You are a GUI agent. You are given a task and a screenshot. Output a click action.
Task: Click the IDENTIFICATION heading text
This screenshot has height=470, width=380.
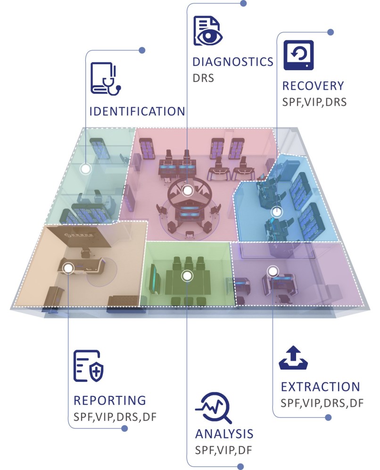pos(137,112)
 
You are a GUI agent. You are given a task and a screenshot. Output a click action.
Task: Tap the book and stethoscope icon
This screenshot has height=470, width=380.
pos(106,78)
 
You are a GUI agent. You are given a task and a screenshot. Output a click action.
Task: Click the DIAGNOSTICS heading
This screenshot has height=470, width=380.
pos(233,62)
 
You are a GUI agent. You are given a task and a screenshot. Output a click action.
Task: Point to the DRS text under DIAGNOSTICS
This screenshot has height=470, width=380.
pos(203,77)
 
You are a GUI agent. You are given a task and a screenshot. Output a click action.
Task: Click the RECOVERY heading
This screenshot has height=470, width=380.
pos(313,86)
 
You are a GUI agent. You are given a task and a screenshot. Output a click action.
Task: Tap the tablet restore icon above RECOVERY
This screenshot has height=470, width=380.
pos(298,55)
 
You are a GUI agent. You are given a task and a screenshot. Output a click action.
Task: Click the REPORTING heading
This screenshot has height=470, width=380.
pos(110,400)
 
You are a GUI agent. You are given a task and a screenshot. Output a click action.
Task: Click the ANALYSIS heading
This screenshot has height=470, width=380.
pos(224,434)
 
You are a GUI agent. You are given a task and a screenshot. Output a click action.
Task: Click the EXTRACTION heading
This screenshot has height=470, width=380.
pos(320,387)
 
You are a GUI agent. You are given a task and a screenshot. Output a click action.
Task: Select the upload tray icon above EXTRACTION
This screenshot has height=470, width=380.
pos(293,359)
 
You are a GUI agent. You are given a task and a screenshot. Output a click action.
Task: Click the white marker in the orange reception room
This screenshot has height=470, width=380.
pos(68,268)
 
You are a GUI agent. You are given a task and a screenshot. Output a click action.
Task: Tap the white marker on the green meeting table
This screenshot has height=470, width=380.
pos(187,275)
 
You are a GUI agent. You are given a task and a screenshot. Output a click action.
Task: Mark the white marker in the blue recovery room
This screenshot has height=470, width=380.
pos(276,212)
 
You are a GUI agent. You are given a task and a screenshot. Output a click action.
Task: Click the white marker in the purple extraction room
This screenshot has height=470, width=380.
pos(272,271)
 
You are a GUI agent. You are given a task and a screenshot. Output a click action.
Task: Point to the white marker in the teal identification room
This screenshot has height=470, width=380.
pos(85,168)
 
